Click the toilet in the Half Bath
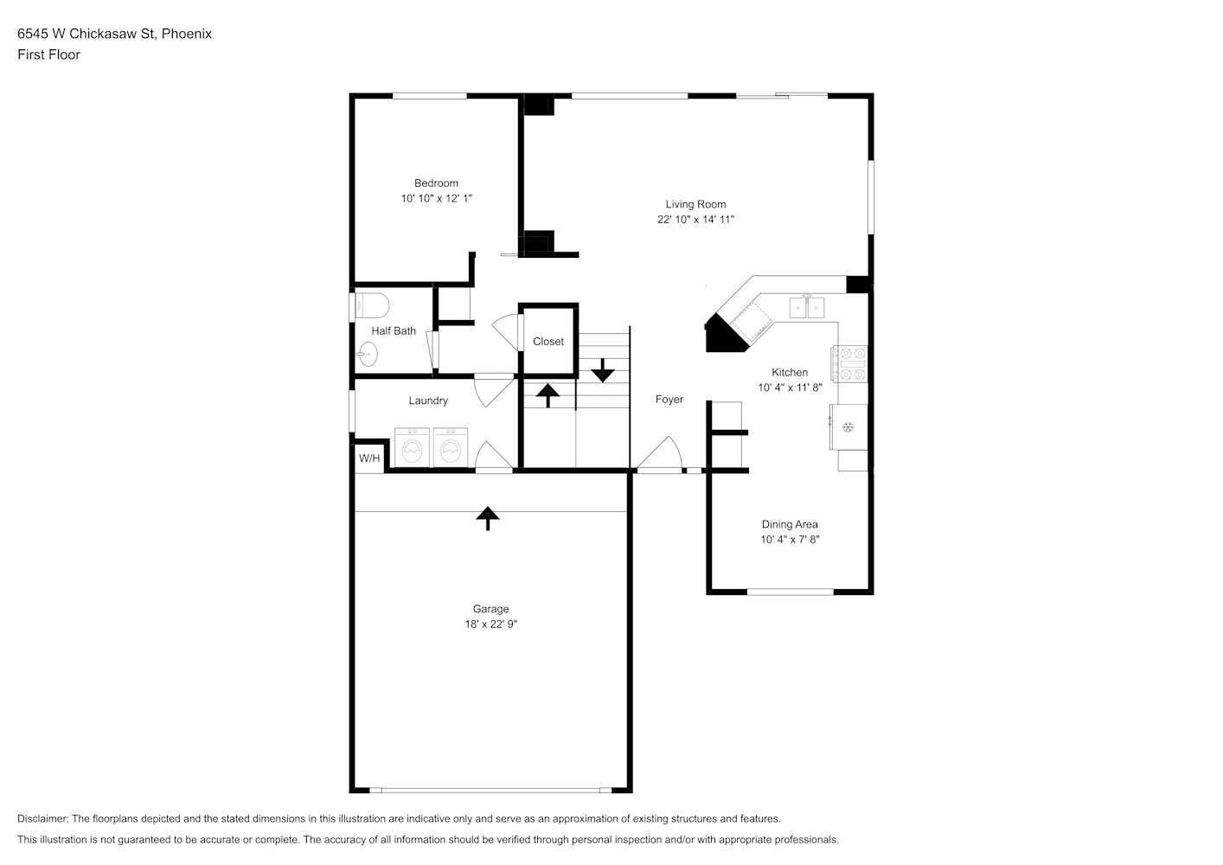pos(372,306)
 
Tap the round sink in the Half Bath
pos(368,354)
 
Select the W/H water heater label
pos(369,458)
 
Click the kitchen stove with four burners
pos(849,363)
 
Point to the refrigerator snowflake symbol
pos(848,427)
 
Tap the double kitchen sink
pos(807,307)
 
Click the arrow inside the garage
pos(488,518)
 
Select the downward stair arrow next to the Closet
pos(603,370)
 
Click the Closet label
pos(548,342)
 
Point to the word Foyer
pos(669,399)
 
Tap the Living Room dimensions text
pos(695,220)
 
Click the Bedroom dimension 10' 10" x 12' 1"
pos(436,198)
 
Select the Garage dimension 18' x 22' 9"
pos(490,624)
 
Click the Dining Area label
pos(790,524)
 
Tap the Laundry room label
pos(428,400)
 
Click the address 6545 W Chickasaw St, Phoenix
pos(115,34)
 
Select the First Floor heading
pos(48,54)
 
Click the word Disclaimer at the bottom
pos(43,818)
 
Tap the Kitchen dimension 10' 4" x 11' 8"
pos(790,388)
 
